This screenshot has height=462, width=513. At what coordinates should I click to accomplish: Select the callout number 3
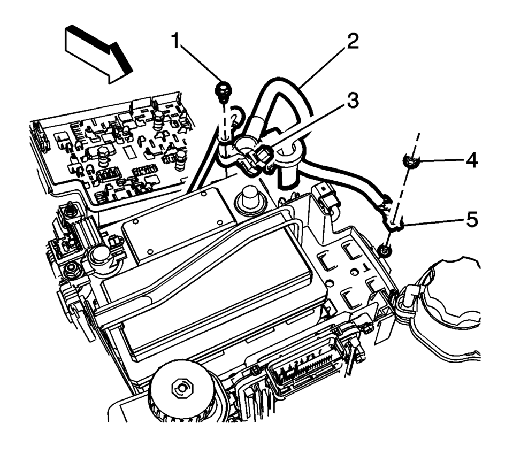pyautogui.click(x=353, y=100)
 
